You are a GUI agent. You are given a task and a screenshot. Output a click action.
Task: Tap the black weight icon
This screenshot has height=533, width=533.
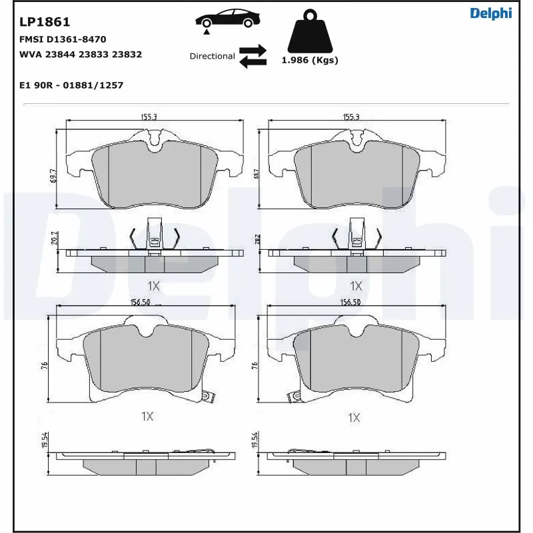coord(309,33)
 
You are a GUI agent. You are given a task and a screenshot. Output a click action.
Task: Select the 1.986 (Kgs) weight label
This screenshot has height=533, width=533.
coord(309,61)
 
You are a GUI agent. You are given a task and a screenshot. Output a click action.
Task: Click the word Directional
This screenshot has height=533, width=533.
coord(212,57)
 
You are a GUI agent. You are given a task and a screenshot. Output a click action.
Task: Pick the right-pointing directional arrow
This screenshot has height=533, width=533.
coord(253,50)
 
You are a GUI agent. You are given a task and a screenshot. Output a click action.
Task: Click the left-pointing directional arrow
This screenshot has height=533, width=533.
coord(253,62)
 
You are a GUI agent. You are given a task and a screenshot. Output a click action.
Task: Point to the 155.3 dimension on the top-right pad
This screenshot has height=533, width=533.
coord(350,117)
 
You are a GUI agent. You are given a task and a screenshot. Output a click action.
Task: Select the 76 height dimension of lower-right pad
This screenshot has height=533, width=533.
coord(254,366)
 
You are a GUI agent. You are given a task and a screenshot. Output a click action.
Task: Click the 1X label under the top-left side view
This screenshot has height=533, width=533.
coord(153,286)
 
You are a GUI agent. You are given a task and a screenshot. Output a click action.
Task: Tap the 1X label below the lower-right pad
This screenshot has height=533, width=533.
coord(354,418)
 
